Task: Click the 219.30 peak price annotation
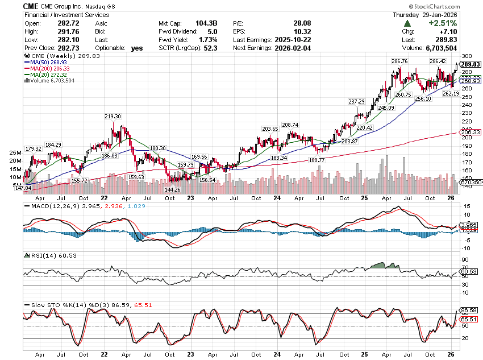[x=113, y=116]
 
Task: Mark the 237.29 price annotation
[x=356, y=102]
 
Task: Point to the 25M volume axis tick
[x=16, y=154]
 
